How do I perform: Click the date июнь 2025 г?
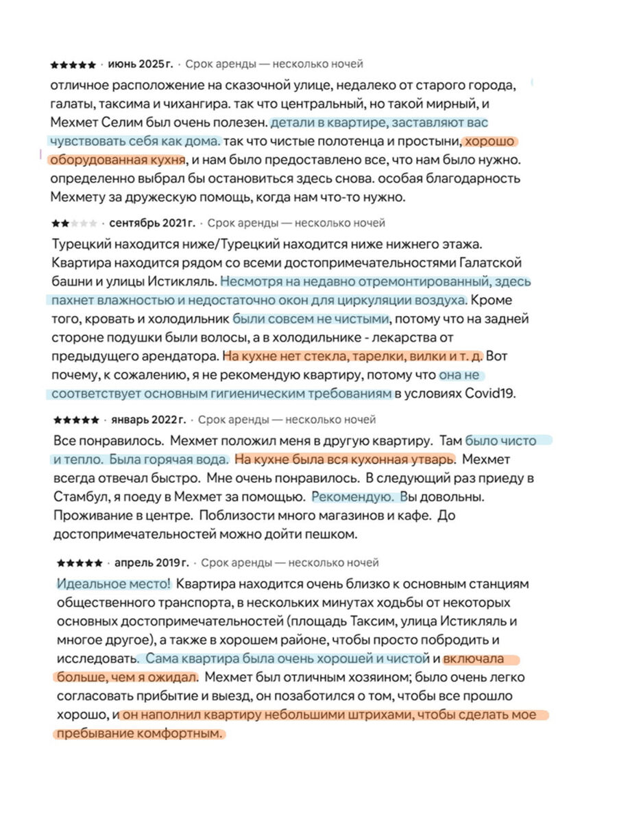(x=141, y=64)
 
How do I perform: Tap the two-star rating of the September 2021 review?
(x=74, y=224)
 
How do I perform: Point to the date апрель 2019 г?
(x=152, y=563)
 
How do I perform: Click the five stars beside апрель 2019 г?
(x=80, y=563)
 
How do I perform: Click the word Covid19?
(x=490, y=394)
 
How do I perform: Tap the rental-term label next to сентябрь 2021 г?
(x=296, y=224)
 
